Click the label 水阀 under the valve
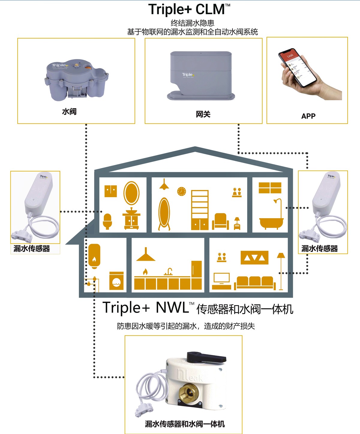[69, 111]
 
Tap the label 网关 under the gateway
[203, 114]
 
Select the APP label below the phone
[308, 116]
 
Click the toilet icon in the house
[107, 221]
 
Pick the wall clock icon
[181, 191]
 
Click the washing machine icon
[116, 281]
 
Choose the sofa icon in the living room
[255, 283]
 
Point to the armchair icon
[220, 221]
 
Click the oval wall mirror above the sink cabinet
[131, 193]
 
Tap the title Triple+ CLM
[189, 9]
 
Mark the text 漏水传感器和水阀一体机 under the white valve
[185, 424]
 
